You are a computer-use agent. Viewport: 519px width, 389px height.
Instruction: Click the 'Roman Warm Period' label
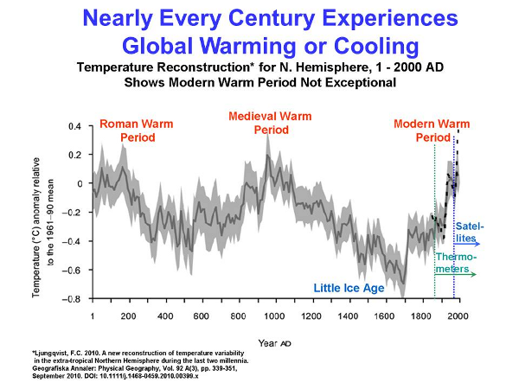[137, 131]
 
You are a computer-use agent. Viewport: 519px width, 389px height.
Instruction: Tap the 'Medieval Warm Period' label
[270, 123]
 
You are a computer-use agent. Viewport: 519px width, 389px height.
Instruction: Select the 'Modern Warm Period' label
[426, 131]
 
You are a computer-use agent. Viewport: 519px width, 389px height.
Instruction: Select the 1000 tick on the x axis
[275, 315]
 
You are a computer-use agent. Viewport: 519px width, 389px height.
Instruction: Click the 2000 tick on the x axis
[458, 315]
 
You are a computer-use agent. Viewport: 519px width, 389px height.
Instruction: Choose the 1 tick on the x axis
[92, 315]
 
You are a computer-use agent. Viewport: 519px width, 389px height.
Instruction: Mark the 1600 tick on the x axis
[384, 315]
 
